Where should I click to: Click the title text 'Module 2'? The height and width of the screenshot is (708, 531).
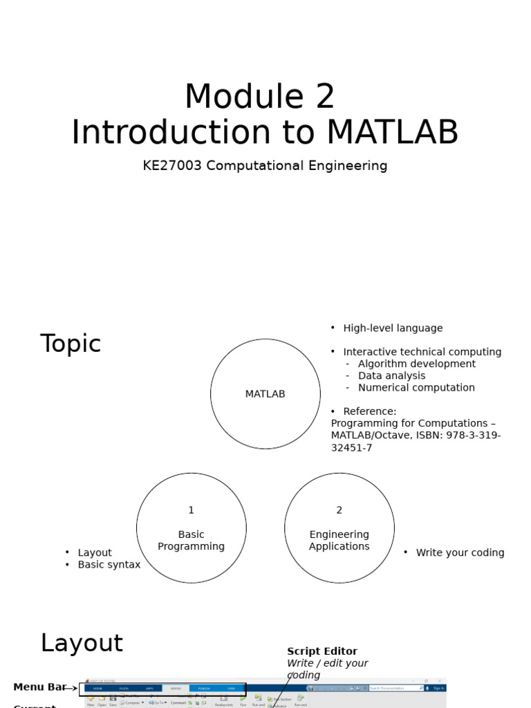[259, 97]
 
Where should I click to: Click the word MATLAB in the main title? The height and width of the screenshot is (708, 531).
[392, 133]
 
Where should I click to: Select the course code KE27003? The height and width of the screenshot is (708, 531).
[172, 166]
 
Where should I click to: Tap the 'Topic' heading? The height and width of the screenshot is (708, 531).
[71, 344]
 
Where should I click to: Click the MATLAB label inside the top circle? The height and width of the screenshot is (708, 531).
[265, 394]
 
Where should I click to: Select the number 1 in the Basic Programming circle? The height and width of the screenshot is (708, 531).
[192, 510]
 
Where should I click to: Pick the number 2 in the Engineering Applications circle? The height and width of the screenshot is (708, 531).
[339, 510]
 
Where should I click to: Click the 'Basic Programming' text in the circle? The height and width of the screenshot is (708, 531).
[192, 541]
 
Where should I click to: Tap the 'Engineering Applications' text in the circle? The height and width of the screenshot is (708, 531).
[339, 541]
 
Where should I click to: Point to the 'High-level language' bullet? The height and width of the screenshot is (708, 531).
[393, 328]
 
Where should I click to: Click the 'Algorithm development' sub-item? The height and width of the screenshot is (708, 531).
[416, 364]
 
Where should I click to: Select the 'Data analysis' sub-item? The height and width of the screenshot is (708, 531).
[391, 376]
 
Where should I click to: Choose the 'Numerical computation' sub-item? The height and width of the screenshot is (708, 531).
[416, 388]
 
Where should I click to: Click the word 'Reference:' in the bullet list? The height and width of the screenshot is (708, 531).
[370, 411]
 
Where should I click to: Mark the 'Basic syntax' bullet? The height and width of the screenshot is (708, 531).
[109, 565]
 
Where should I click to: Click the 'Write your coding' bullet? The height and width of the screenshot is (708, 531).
[460, 553]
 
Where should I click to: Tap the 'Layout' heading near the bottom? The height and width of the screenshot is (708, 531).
[82, 643]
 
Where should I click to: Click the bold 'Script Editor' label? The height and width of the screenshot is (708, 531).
[322, 651]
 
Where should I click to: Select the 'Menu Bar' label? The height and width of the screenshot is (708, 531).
[39, 687]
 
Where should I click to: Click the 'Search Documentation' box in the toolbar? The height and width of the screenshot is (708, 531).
[394, 688]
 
